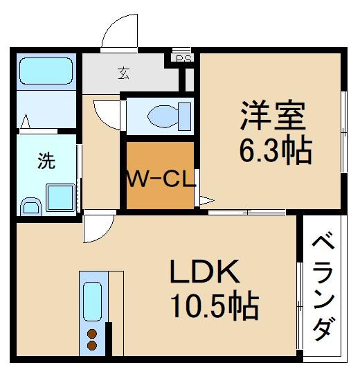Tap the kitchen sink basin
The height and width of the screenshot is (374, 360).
[92, 301]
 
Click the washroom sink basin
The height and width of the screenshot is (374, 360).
[29, 206]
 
